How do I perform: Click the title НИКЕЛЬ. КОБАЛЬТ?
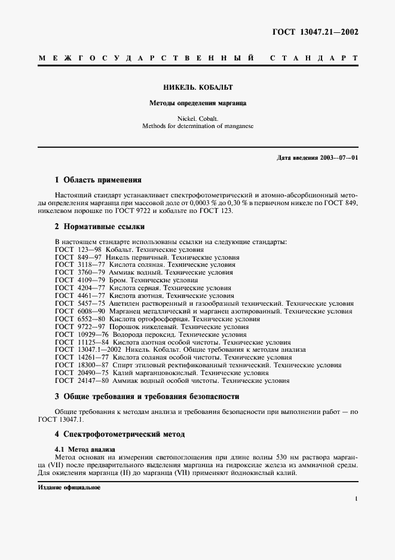pos(198,87)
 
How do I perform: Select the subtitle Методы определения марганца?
pos(198,103)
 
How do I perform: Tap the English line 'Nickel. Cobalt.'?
pos(198,118)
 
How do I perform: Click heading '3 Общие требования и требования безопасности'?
pos(147,396)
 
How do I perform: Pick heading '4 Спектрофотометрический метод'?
pos(120,434)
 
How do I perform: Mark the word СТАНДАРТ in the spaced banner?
pos(314,59)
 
